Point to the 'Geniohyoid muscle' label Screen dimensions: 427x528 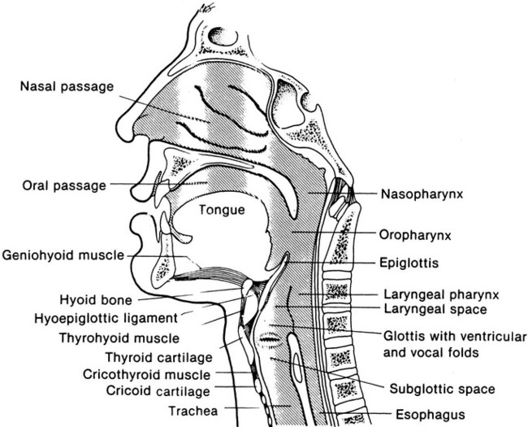click(x=64, y=255)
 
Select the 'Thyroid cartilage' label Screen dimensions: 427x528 click(x=158, y=358)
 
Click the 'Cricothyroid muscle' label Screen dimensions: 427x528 click(x=146, y=375)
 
